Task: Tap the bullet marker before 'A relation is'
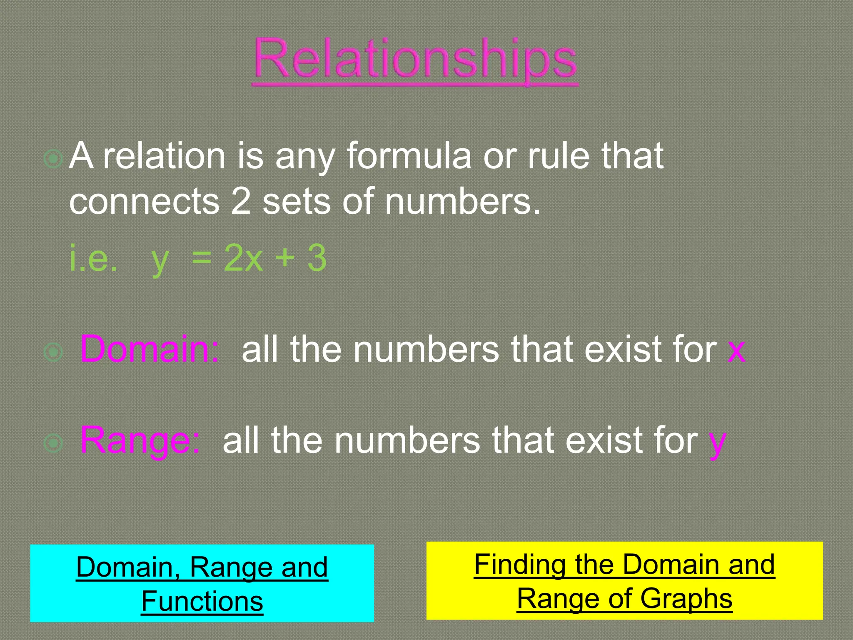(x=53, y=159)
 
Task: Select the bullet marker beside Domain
(x=53, y=352)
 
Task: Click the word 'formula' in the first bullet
(x=409, y=156)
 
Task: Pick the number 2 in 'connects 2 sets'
(x=241, y=202)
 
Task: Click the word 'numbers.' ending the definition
(x=462, y=202)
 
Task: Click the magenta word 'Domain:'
(x=149, y=349)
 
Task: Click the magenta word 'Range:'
(x=140, y=440)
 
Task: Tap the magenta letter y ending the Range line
(x=717, y=442)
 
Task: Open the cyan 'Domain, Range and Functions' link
(x=202, y=584)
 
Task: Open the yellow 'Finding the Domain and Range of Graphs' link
(x=624, y=581)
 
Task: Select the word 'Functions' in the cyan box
(x=202, y=601)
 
